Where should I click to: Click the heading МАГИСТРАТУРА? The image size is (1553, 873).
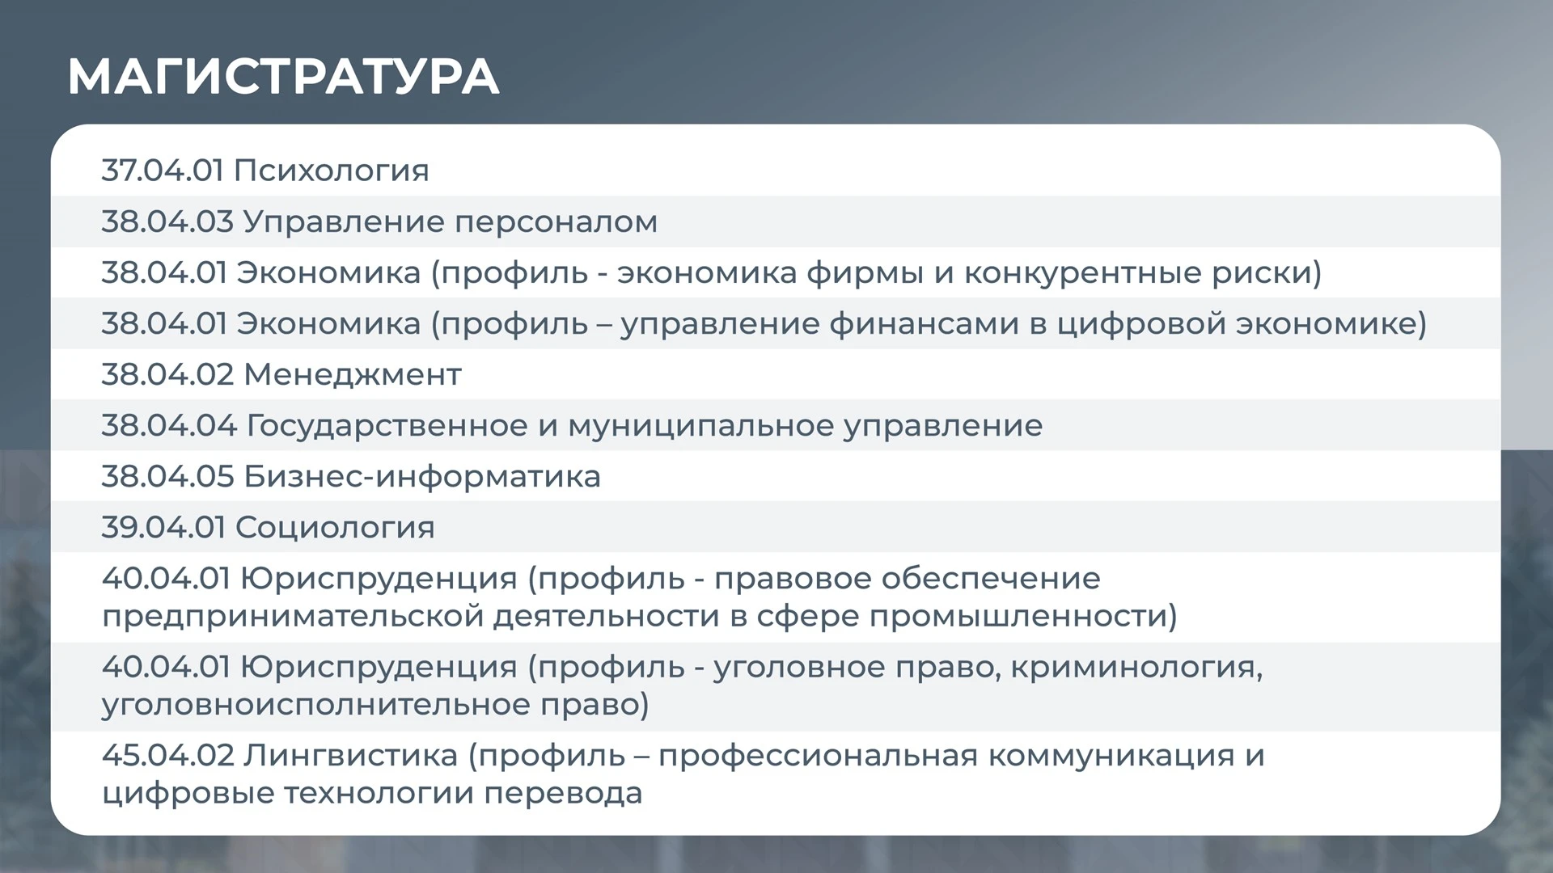click(283, 78)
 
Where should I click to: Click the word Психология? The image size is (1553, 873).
click(332, 171)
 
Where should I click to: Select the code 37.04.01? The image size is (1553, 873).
click(163, 171)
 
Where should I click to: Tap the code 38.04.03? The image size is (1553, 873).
click(167, 221)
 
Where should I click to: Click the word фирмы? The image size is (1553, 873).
click(865, 273)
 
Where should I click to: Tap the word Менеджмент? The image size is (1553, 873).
click(353, 375)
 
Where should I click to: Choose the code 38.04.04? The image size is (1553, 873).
click(169, 425)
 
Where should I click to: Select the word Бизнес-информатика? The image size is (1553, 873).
click(422, 477)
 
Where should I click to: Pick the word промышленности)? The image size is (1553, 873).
click(1023, 617)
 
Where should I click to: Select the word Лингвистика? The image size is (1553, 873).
click(351, 757)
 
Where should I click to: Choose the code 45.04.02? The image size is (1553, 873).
click(168, 755)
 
